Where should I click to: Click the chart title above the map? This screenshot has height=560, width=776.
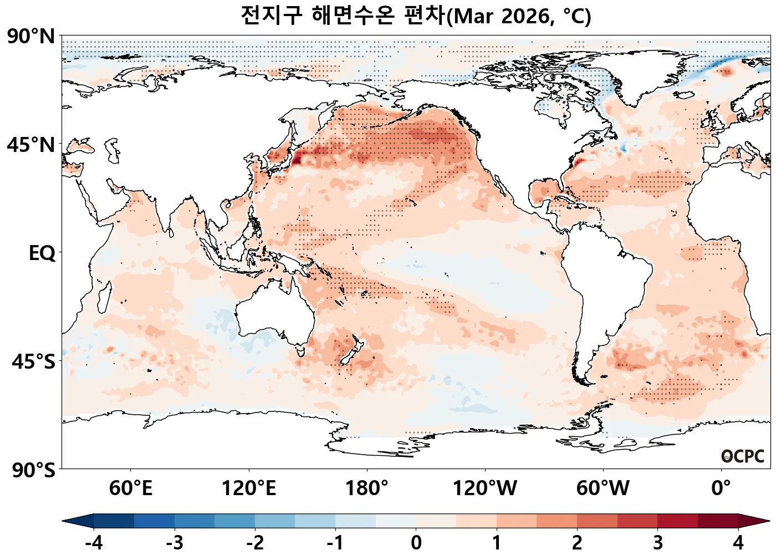pyautogui.click(x=416, y=16)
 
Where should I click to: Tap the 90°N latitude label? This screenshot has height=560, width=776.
pyautogui.click(x=31, y=37)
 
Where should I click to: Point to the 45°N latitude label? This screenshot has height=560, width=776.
pyautogui.click(x=31, y=145)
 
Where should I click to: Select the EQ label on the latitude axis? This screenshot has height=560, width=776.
pyautogui.click(x=42, y=253)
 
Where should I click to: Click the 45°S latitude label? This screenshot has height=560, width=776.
pyautogui.click(x=33, y=362)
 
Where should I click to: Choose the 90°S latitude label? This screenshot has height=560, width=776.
pyautogui.click(x=33, y=470)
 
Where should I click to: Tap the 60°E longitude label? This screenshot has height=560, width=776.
pyautogui.click(x=130, y=488)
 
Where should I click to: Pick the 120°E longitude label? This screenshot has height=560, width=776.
pyautogui.click(x=248, y=488)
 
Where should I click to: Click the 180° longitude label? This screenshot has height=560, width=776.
pyautogui.click(x=366, y=488)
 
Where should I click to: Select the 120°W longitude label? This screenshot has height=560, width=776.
pyautogui.click(x=484, y=488)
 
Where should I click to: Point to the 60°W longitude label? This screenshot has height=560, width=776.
pyautogui.click(x=603, y=488)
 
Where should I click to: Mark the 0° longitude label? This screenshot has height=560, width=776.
pyautogui.click(x=721, y=488)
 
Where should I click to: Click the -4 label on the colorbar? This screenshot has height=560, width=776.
pyautogui.click(x=94, y=543)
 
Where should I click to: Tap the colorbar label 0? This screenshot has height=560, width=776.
pyautogui.click(x=416, y=543)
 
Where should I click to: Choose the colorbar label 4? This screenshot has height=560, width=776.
pyautogui.click(x=738, y=543)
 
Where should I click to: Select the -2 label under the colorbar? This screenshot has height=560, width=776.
pyautogui.click(x=255, y=543)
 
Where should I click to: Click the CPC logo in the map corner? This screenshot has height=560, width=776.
pyautogui.click(x=743, y=456)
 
